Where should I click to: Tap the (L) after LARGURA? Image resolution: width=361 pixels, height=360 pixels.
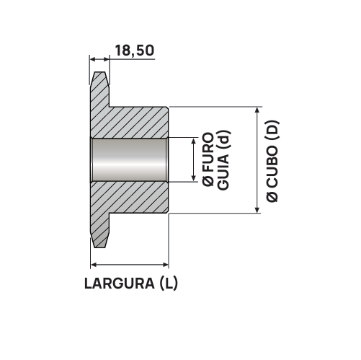(167, 282)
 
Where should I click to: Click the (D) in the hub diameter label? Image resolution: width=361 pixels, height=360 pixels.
(272, 130)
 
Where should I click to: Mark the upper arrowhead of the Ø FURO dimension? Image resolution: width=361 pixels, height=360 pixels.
(193, 141)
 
